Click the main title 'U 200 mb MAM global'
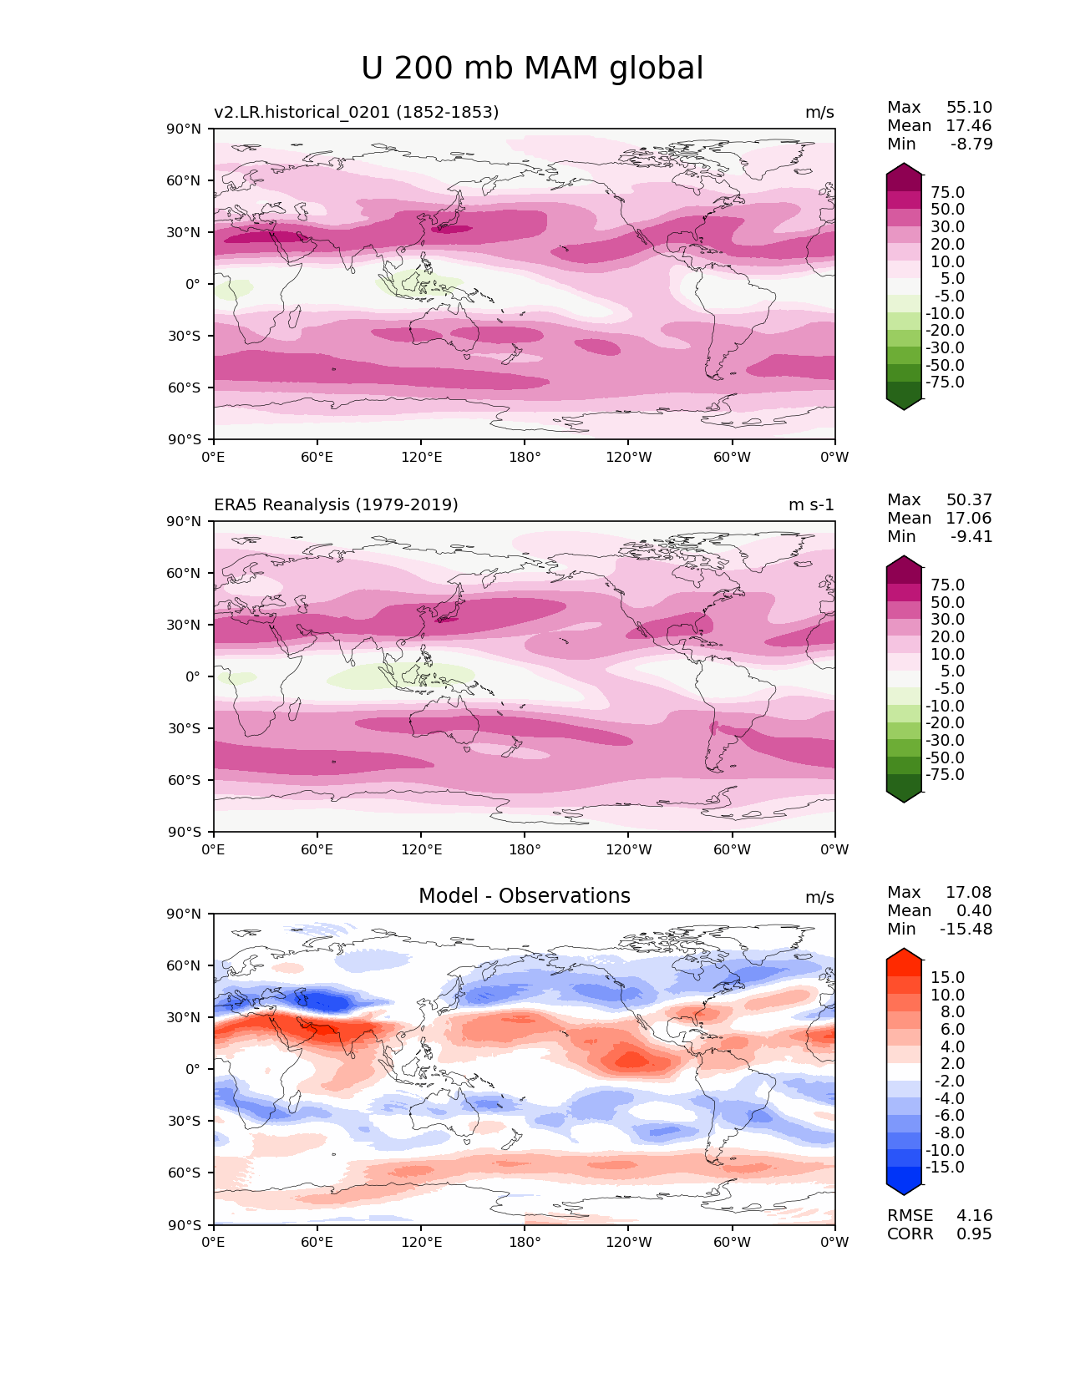[x=532, y=68]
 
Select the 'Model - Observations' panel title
[x=524, y=896]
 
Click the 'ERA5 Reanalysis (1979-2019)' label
[x=336, y=504]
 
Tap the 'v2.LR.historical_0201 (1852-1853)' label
[x=356, y=112]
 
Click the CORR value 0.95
[x=974, y=1234]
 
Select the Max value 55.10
[x=969, y=107]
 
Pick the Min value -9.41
[x=971, y=536]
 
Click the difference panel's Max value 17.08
[x=969, y=892]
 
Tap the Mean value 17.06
[x=969, y=518]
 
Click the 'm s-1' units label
[x=811, y=504]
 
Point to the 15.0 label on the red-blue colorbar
[x=947, y=977]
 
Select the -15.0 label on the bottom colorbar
[x=945, y=1167]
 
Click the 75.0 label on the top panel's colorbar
[x=947, y=192]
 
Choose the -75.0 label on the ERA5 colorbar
[x=945, y=774]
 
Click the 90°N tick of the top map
[x=185, y=129]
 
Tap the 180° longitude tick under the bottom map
[x=525, y=1242]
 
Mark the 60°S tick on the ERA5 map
[x=185, y=780]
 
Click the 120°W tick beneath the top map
[x=628, y=457]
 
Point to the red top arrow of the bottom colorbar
[x=904, y=955]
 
